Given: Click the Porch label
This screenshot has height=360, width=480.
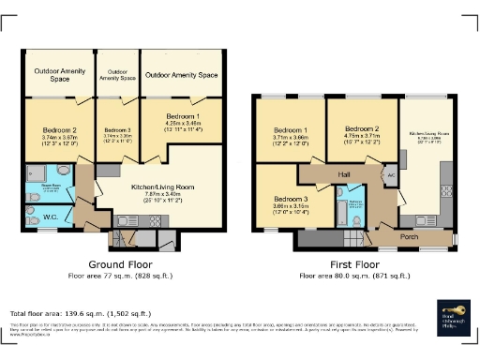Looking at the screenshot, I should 409,236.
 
